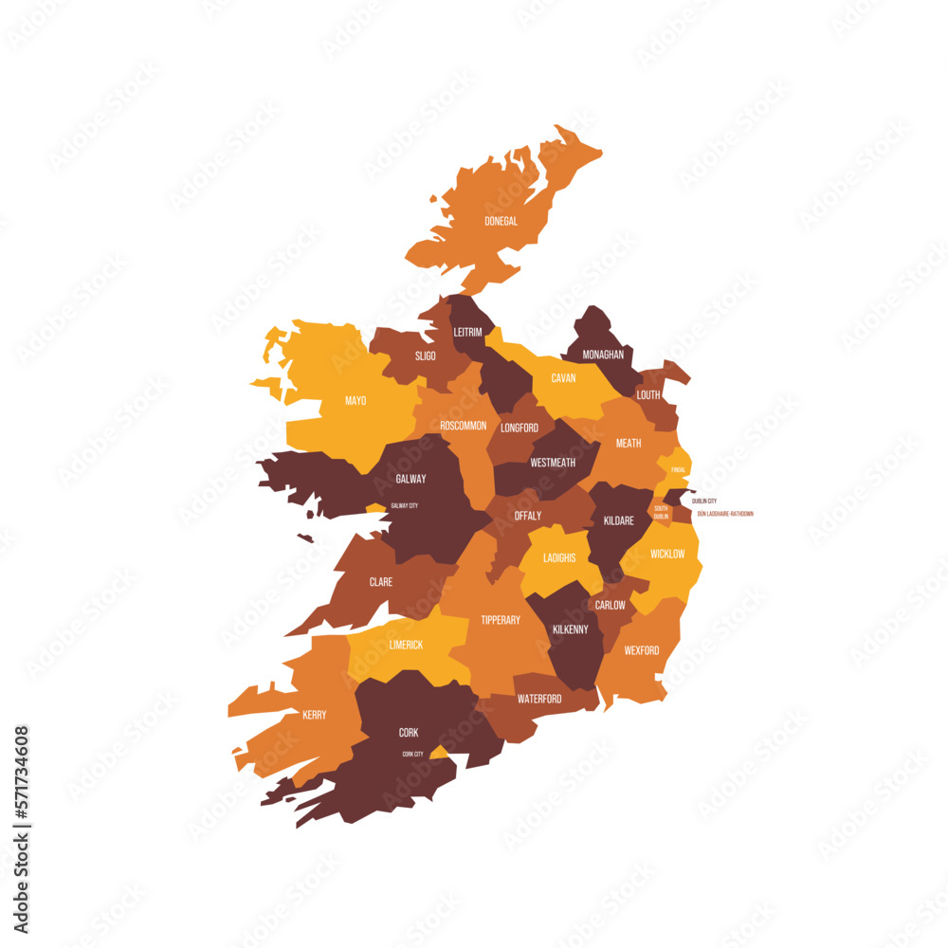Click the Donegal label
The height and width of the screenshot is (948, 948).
tap(501, 221)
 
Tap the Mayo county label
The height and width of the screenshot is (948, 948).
tap(355, 401)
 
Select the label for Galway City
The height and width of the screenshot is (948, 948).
tap(405, 505)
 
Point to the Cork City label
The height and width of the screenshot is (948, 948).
tap(412, 754)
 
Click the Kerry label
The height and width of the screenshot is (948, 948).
tap(314, 715)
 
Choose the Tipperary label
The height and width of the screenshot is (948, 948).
tap(501, 620)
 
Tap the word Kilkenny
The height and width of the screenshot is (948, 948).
tap(570, 629)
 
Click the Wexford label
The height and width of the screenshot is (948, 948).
tap(642, 650)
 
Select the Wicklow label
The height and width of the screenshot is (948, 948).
tap(667, 554)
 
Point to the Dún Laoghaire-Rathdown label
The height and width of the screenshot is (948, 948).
tap(725, 514)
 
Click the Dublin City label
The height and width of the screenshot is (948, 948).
tap(704, 501)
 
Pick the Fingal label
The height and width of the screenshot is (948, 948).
tap(678, 469)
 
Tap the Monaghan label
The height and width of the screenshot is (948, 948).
tap(603, 355)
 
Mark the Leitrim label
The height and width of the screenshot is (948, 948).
tap(467, 332)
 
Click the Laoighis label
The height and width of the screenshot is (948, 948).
tap(559, 557)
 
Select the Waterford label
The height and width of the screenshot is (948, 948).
tap(539, 699)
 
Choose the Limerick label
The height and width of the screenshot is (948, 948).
tap(406, 645)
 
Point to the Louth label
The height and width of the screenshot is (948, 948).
tap(648, 394)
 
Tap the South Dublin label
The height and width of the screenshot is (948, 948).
tap(661, 512)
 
